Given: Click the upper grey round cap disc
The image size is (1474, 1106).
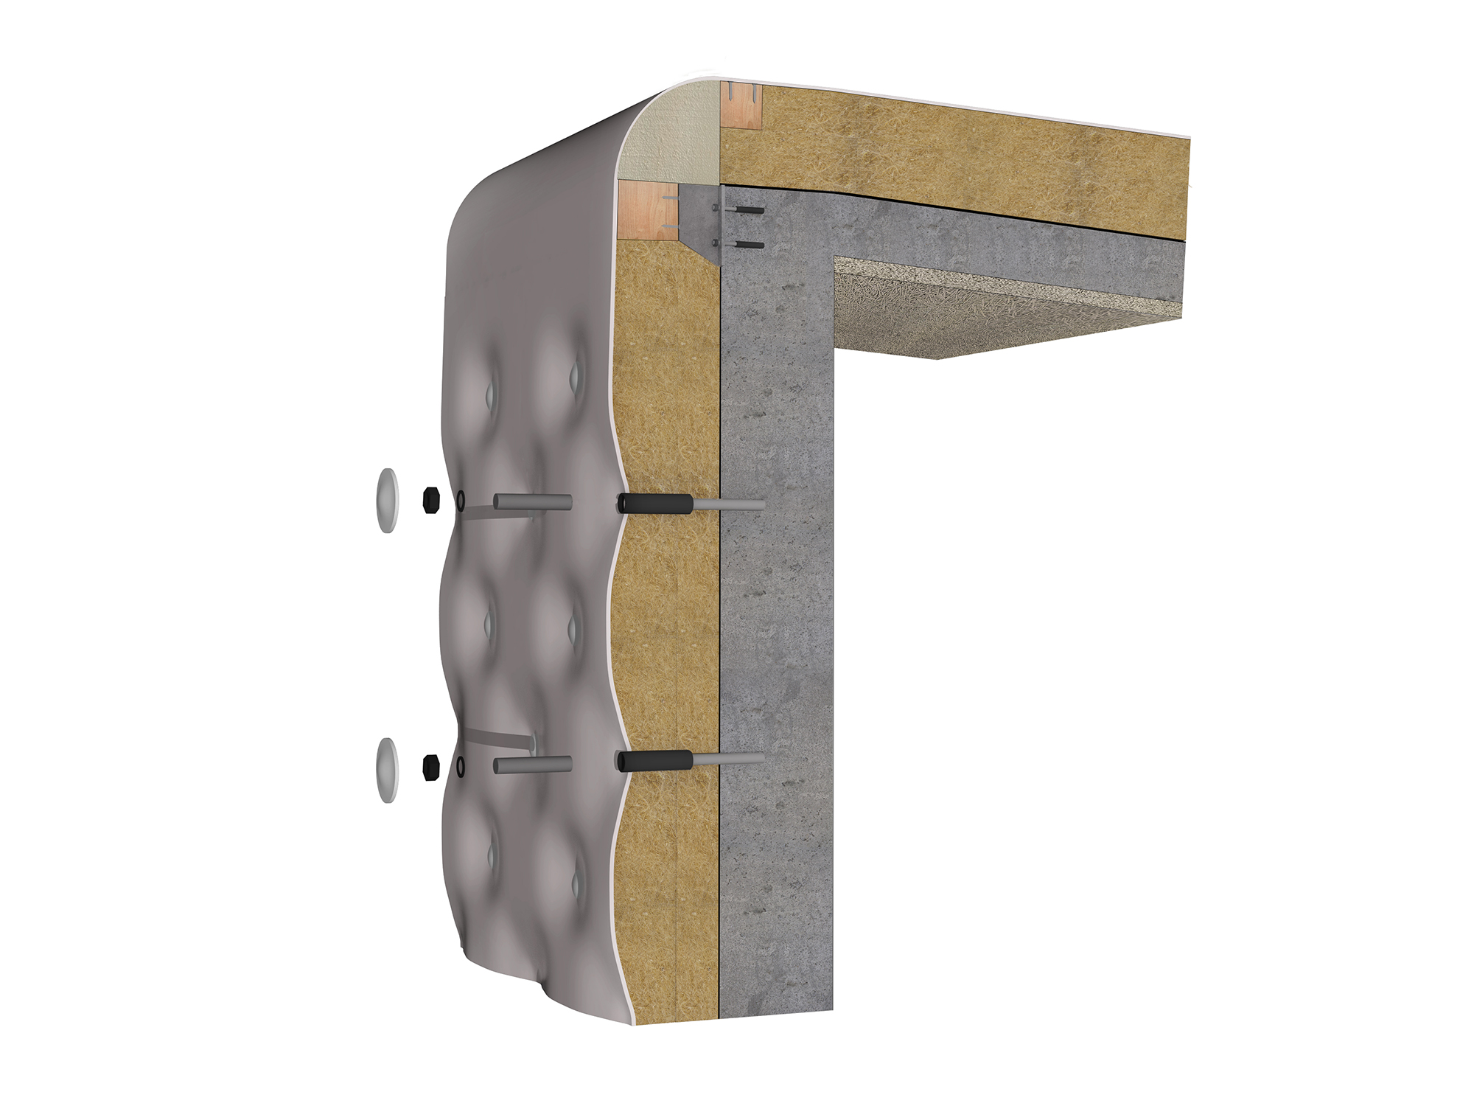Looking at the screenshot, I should [387, 500].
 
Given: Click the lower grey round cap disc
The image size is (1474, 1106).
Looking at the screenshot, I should [387, 769].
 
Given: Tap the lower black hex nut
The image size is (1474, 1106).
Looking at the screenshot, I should [431, 767].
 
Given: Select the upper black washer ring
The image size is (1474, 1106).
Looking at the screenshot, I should [461, 501].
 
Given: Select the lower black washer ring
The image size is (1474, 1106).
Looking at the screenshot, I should [461, 767].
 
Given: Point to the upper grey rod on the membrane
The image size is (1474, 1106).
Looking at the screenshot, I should [532, 502].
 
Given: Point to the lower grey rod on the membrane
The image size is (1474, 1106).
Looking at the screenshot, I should [532, 765].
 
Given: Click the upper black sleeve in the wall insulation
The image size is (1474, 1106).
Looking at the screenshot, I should [654, 504].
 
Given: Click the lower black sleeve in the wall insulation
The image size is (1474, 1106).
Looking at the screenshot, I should [654, 761].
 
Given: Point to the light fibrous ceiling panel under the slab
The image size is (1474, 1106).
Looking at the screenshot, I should [995, 310].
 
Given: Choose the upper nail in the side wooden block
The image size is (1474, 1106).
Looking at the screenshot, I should [668, 198].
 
